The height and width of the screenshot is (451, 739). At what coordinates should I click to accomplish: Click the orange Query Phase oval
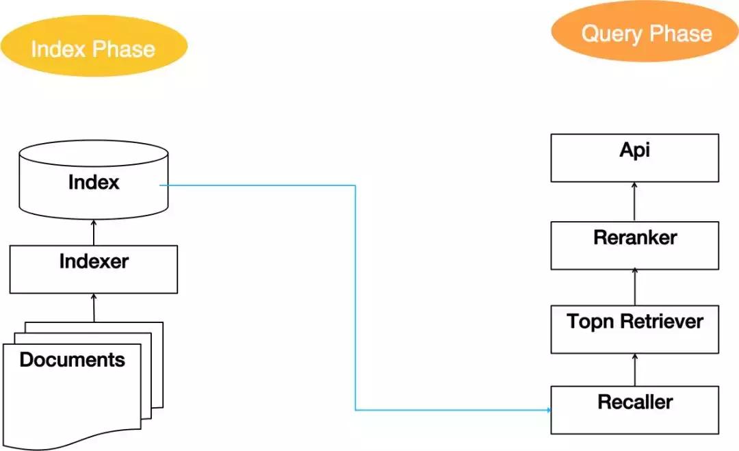tap(645, 32)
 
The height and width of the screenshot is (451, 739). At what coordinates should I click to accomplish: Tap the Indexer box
tap(94, 269)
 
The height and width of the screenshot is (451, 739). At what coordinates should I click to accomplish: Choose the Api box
tap(634, 157)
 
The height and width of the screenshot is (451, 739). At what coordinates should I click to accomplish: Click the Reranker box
tap(634, 244)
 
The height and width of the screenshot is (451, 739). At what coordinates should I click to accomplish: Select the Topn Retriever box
tap(634, 330)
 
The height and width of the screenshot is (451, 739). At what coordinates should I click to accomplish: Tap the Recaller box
tap(634, 409)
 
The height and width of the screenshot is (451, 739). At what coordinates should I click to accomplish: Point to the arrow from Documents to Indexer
tap(94, 308)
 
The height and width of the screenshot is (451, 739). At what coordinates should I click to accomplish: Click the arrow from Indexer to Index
tap(94, 232)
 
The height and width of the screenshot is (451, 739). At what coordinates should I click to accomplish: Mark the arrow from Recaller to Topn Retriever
tap(635, 370)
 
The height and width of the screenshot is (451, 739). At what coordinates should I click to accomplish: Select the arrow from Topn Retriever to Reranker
tap(635, 286)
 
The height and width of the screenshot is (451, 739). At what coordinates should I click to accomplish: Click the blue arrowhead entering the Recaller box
tap(547, 410)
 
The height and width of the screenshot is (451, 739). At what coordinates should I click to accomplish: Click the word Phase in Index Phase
tap(125, 49)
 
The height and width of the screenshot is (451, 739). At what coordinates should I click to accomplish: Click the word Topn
tap(589, 322)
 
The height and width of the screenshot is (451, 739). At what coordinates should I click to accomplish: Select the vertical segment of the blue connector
tap(355, 298)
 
